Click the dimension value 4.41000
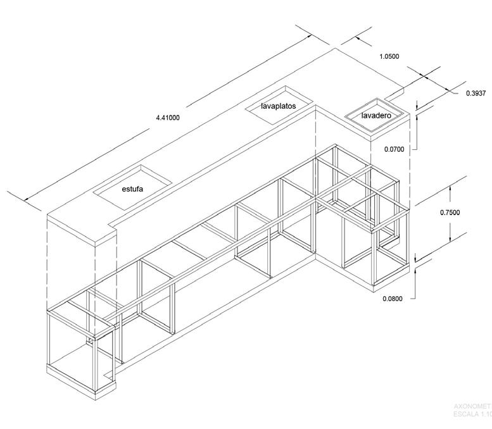(168, 117)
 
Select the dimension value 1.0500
(389, 56)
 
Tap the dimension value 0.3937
(476, 93)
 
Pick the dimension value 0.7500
(450, 213)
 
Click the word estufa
(132, 189)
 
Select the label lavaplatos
(279, 106)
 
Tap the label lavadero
(376, 116)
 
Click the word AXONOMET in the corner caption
(472, 406)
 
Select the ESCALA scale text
(472, 414)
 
